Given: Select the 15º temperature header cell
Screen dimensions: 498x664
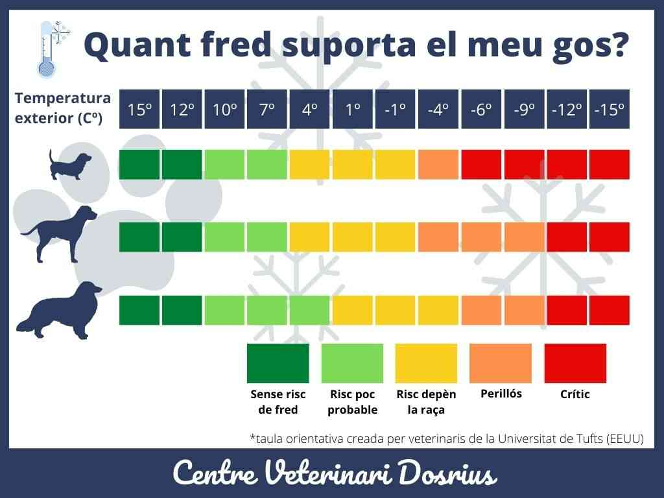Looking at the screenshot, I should point(139,109).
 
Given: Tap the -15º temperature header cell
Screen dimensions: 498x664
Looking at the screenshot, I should point(610,109).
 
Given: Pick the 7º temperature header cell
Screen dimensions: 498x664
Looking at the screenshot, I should point(267,109).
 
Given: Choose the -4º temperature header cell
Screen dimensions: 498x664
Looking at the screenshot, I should point(438,109).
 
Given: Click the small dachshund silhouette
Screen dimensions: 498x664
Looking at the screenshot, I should point(71,165).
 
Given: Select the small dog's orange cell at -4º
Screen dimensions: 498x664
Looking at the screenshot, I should point(438,165).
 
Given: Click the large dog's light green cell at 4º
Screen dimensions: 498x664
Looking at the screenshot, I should point(310,310).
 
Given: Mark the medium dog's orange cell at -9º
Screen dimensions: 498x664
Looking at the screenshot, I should point(524,237).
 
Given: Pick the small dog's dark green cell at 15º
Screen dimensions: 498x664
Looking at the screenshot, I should point(139,165).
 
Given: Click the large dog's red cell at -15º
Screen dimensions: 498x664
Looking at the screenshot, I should point(610,310).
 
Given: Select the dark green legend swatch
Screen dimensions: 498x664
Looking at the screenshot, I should point(278,363).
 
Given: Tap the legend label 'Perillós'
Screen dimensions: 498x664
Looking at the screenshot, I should point(501,394).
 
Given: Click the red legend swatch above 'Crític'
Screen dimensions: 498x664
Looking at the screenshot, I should point(575,363).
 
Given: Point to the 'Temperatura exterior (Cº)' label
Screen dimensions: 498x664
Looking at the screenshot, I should point(63,108).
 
